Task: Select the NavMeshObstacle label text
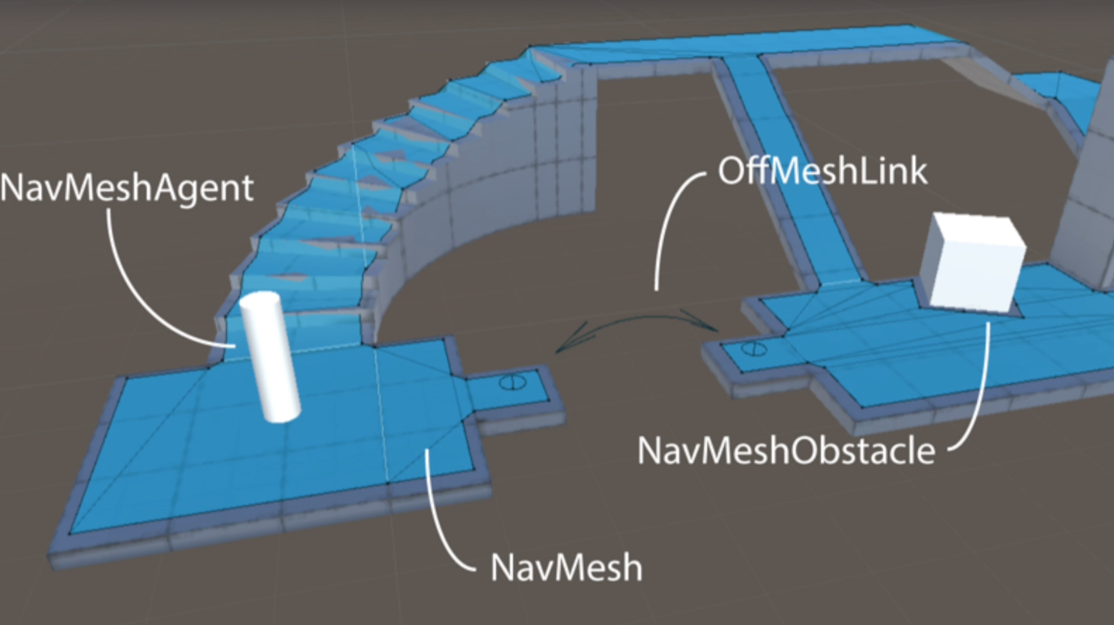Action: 786,451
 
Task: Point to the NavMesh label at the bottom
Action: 566,568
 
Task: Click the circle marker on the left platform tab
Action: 513,383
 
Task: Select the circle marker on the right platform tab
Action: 753,349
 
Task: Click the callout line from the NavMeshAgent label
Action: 136,294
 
